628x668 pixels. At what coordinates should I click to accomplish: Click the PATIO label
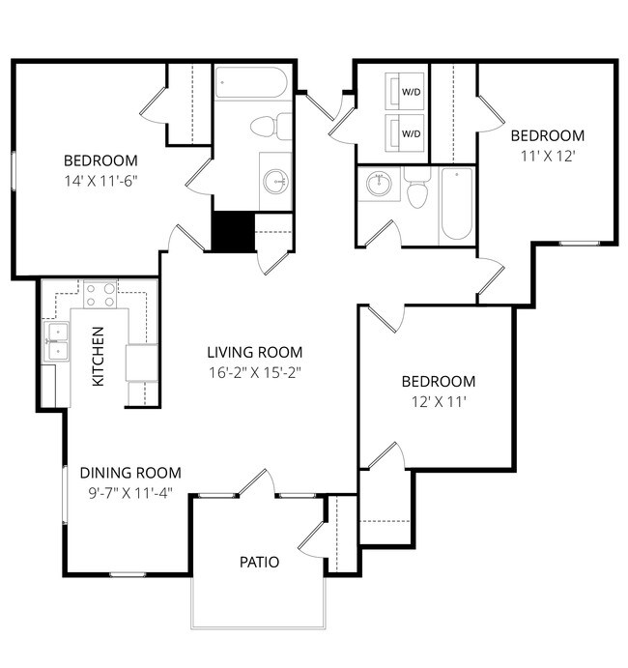(x=260, y=562)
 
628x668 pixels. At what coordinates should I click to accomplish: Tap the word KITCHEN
(x=98, y=357)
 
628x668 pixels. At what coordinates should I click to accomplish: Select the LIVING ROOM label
(x=255, y=353)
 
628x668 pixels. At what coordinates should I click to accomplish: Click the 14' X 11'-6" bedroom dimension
(x=100, y=180)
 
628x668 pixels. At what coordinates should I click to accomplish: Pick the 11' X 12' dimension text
(x=547, y=155)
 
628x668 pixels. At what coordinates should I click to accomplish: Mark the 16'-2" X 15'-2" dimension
(x=255, y=372)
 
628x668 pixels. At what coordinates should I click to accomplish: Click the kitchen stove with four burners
(x=100, y=294)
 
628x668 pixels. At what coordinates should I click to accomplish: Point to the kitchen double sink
(x=57, y=342)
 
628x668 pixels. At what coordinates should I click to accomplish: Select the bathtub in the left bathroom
(x=251, y=83)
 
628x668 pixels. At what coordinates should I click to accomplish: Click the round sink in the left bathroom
(x=277, y=178)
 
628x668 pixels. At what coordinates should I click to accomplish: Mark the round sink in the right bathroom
(x=378, y=185)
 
